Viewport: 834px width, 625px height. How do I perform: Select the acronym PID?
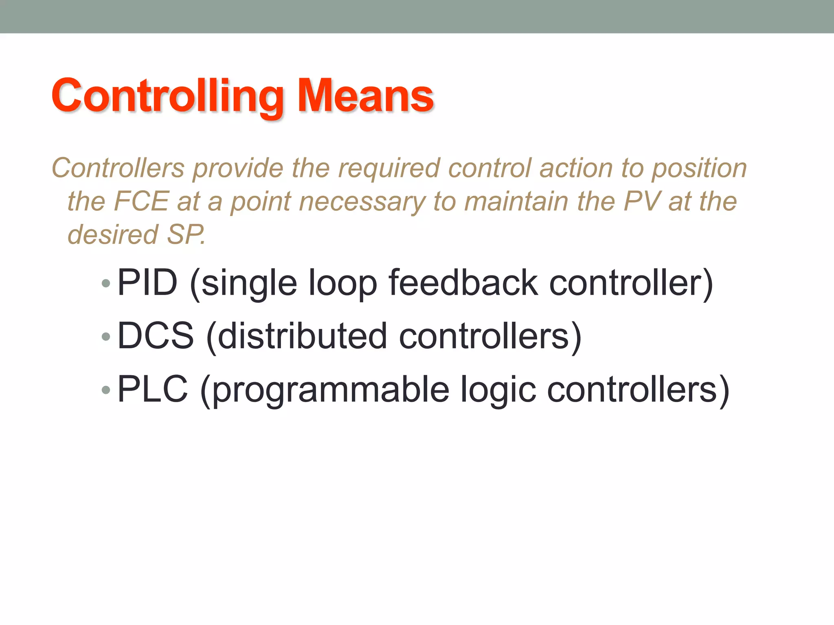pos(147,282)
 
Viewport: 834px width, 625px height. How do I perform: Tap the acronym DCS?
pos(156,336)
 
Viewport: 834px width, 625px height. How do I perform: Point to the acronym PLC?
pos(153,389)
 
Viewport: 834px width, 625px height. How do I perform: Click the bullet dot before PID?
pos(106,283)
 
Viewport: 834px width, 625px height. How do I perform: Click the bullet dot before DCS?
pos(106,337)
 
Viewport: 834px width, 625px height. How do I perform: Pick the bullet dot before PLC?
pos(106,390)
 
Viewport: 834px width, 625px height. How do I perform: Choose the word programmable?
pos(331,390)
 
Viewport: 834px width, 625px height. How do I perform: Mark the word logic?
pos(498,390)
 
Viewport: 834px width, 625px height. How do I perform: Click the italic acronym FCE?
pos(141,201)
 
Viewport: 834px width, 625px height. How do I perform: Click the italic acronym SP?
pos(185,235)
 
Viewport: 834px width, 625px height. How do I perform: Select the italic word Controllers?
pos(118,168)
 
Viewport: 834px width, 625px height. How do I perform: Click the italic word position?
pos(699,168)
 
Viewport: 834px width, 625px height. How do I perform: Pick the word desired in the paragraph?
pos(112,235)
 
